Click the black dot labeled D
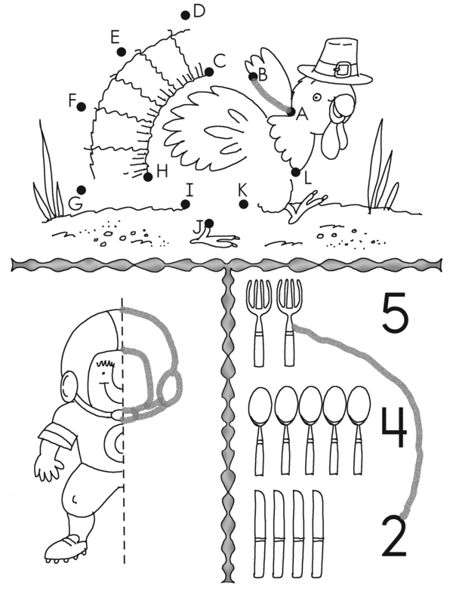pos(185,15)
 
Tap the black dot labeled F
pos(81,107)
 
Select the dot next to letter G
pos(81,189)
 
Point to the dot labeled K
pos(244,205)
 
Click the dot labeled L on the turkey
pos(296,172)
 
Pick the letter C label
pos(220,60)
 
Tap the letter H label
pos(162,172)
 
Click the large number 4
pos(395,428)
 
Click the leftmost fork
pos(259,323)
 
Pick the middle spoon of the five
pos(310,430)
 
